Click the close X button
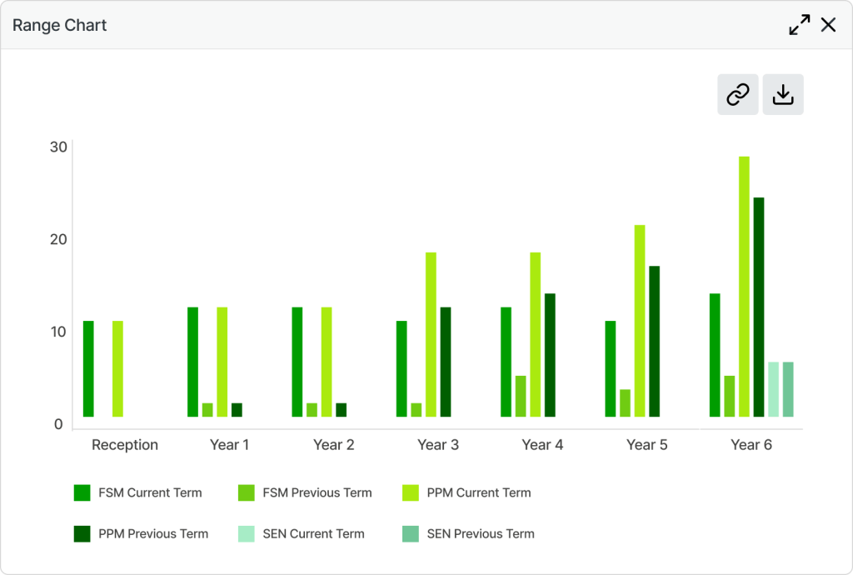(828, 25)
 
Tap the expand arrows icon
(799, 25)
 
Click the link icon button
(738, 95)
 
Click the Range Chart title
(59, 26)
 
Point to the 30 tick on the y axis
(59, 147)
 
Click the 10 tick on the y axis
(59, 332)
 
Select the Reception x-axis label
(125, 445)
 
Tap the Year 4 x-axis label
(542, 445)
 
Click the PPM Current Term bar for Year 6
(744, 287)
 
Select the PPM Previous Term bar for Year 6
(759, 307)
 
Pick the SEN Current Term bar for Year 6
(774, 389)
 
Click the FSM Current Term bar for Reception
(88, 369)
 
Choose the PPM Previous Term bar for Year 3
(446, 362)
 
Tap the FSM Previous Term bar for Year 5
(625, 403)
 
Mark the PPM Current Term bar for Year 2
(327, 362)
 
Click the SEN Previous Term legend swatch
(411, 533)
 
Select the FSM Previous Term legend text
(317, 492)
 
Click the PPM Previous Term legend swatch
(82, 533)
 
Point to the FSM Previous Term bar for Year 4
(521, 397)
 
